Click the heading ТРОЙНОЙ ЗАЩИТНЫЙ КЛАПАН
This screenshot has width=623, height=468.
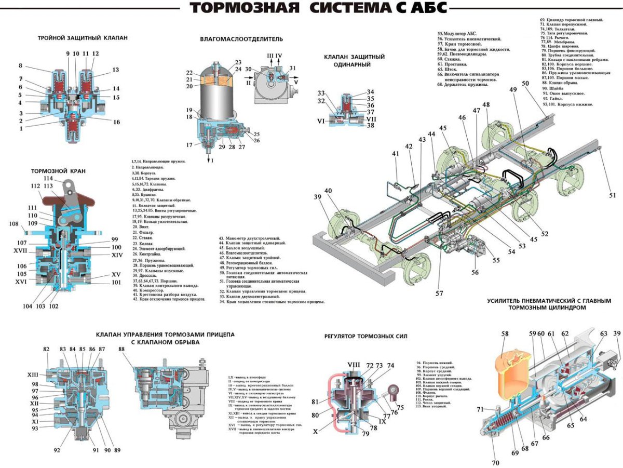[83, 38]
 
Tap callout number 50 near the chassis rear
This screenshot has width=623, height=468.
[525, 84]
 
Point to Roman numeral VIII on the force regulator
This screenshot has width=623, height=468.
[354, 365]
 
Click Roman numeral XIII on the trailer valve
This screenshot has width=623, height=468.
[33, 375]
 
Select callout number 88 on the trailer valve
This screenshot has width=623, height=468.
[121, 349]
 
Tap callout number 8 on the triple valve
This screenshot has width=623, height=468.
[20, 66]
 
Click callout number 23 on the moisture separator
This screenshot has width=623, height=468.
[238, 62]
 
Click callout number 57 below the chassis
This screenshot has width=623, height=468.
[440, 293]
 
